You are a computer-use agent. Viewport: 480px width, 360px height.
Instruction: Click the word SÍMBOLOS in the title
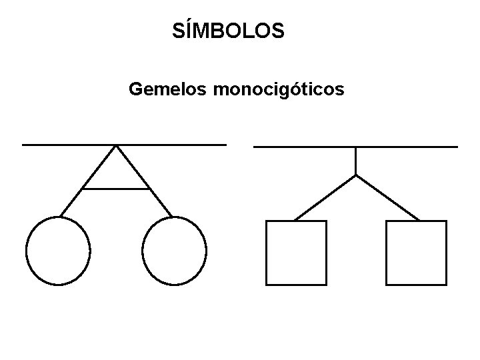(x=228, y=30)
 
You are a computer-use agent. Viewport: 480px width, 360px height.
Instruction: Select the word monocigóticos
(x=278, y=89)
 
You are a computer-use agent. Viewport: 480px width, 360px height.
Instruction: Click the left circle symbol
(x=58, y=251)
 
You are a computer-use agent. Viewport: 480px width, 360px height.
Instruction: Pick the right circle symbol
(x=175, y=251)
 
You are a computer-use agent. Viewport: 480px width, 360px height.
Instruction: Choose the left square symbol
(x=296, y=253)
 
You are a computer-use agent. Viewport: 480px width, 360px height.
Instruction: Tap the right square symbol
(x=416, y=253)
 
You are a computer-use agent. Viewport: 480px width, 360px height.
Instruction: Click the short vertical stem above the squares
(x=356, y=160)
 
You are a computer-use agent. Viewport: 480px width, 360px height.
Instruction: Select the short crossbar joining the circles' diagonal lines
(x=115, y=189)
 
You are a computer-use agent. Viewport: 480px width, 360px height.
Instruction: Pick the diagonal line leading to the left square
(x=325, y=197)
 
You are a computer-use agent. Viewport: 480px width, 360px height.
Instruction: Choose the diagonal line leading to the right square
(x=387, y=197)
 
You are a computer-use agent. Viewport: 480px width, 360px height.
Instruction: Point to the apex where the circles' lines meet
(x=117, y=145)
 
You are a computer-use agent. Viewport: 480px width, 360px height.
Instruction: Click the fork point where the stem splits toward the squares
(x=356, y=175)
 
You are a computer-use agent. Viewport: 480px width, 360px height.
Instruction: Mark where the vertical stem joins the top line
(x=356, y=147)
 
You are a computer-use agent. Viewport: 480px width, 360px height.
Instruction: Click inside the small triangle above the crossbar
(x=116, y=173)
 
